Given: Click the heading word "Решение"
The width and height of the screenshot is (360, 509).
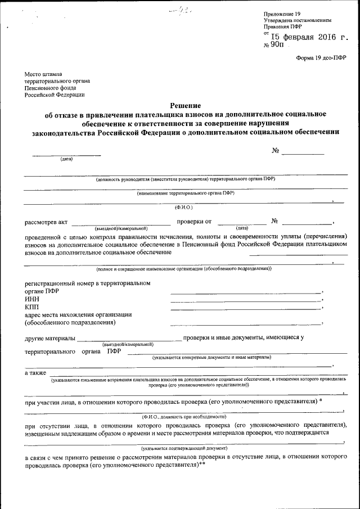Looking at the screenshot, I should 186,105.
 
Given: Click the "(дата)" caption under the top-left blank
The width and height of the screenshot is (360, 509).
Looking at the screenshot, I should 67,159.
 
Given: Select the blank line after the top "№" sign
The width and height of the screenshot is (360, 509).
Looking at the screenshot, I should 303,154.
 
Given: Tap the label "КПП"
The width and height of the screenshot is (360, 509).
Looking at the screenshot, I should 33,307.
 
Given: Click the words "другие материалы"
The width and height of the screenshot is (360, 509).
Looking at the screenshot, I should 49,338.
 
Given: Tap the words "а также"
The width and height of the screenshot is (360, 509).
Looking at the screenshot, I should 35,373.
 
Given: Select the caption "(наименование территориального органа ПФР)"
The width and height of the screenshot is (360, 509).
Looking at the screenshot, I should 186,192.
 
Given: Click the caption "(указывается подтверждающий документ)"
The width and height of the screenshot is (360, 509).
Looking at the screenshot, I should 184,448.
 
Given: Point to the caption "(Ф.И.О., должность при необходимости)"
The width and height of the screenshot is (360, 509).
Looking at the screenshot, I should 184,417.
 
